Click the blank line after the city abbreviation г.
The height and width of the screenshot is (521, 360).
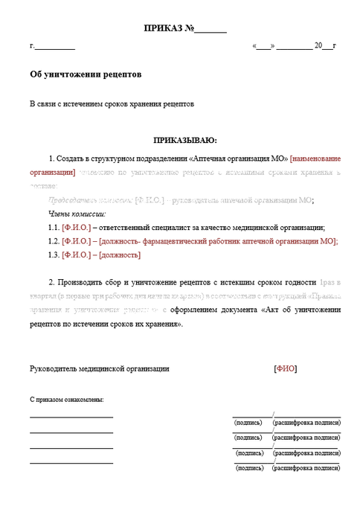55,48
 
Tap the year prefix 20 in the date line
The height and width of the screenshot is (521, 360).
318,45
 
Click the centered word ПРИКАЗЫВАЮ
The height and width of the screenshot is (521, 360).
185,139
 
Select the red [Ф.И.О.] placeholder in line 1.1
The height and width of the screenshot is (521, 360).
77,228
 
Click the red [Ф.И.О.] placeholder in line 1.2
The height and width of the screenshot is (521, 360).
77,241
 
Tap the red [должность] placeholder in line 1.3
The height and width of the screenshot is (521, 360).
118,255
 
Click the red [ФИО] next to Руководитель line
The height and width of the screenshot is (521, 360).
285,368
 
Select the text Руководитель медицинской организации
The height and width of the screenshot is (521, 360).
99,368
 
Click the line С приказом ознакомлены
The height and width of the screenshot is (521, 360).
66,400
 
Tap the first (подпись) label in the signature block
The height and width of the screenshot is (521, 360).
248,423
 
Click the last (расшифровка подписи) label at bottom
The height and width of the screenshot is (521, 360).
306,468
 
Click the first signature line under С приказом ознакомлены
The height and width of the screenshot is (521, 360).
71,417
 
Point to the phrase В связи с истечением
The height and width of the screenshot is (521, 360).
70,104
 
